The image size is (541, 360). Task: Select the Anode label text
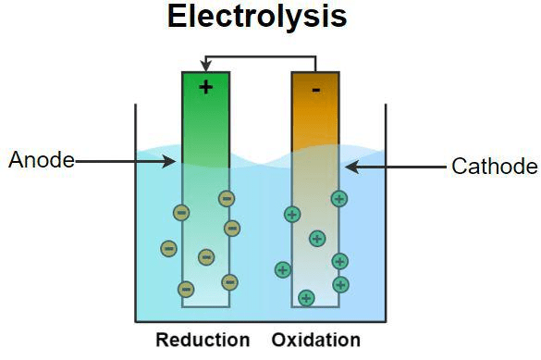tap(41, 160)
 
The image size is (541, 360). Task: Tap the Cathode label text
tap(494, 167)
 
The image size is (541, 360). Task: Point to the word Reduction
tap(203, 340)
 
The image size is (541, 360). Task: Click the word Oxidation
tap(316, 340)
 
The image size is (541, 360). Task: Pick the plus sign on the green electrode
tap(205, 87)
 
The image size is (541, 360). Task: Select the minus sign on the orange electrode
tap(315, 90)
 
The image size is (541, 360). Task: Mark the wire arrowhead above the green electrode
tap(205, 65)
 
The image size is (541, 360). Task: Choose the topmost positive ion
tap(339, 198)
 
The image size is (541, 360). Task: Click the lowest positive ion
tap(306, 298)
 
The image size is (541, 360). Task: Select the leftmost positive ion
tap(283, 270)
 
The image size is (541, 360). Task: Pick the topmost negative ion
tap(226, 198)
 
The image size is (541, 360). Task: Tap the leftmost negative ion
tap(168, 248)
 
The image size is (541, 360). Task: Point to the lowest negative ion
tap(186, 289)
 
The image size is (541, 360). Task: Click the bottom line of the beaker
tap(260, 320)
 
